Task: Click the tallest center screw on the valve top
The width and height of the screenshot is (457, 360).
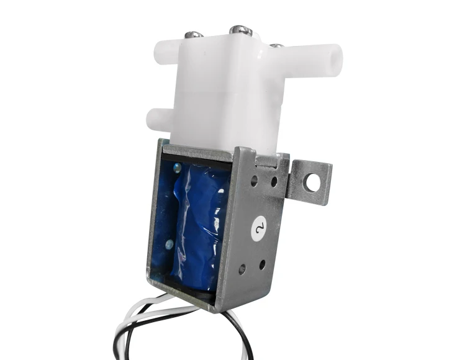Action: click(238, 30)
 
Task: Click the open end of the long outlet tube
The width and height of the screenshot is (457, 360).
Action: click(335, 57)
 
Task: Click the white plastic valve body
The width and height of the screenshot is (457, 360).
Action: click(224, 93)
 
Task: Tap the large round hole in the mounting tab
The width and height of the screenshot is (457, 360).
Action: click(312, 182)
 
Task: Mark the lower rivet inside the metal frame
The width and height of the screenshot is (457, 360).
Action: click(169, 245)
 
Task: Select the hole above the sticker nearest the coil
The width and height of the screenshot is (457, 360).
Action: click(254, 181)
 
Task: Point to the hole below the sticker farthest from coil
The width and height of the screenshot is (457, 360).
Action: click(262, 265)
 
